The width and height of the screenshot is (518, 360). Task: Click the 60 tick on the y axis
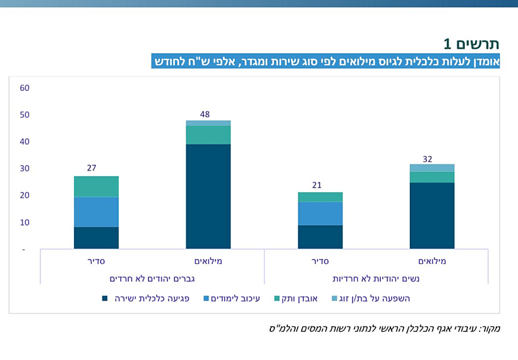tap(25, 88)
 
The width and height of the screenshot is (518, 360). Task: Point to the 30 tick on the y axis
tap(25, 169)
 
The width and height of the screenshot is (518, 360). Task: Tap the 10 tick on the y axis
tap(25, 222)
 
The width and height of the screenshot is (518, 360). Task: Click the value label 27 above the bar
tap(92, 168)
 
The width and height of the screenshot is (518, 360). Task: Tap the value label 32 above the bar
tap(428, 159)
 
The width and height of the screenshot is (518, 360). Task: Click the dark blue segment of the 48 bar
tap(208, 196)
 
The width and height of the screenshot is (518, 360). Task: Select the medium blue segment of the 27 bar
tap(96, 212)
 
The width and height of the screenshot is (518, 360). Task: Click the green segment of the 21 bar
tap(320, 197)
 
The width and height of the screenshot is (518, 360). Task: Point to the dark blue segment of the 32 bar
tap(432, 215)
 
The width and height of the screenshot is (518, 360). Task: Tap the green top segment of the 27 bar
tap(96, 186)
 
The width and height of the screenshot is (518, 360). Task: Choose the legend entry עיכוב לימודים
tap(233, 298)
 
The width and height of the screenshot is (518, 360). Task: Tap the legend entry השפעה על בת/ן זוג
tap(375, 298)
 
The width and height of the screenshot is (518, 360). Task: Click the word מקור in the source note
tap(489, 328)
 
